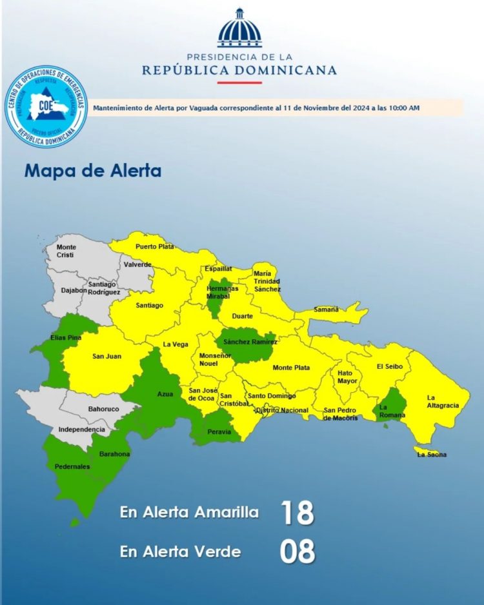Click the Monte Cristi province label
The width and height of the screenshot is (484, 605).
pyautogui.click(x=66, y=250)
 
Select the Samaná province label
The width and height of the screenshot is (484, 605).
pyautogui.click(x=326, y=310)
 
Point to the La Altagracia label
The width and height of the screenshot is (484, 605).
pyautogui.click(x=443, y=401)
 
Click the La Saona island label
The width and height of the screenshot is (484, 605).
pyautogui.click(x=431, y=455)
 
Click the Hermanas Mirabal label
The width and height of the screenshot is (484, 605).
pyautogui.click(x=223, y=292)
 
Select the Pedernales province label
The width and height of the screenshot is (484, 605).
pyautogui.click(x=72, y=466)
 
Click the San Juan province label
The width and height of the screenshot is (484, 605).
pyautogui.click(x=106, y=356)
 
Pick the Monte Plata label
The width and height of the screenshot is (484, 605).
pyautogui.click(x=291, y=368)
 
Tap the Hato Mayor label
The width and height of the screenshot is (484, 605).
pyautogui.click(x=347, y=377)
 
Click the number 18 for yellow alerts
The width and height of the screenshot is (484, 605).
pyautogui.click(x=297, y=513)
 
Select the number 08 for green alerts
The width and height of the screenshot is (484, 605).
pyautogui.click(x=297, y=552)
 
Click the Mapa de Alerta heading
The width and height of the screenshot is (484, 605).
pyautogui.click(x=93, y=171)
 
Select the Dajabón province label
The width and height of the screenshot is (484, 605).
pyautogui.click(x=74, y=290)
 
